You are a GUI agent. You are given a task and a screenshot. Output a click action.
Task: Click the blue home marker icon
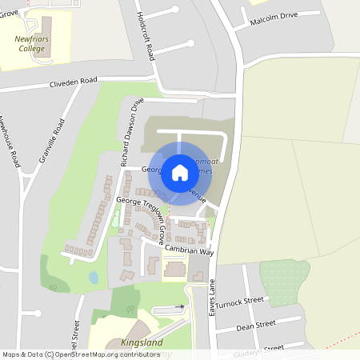coord(180,173)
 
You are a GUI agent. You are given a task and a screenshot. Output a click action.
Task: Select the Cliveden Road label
coord(73,82)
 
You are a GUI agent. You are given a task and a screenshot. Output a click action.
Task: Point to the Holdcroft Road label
coord(146,37)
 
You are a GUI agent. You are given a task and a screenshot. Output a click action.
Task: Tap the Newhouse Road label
coord(10,142)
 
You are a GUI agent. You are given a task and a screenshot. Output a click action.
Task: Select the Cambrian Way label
coord(190,250)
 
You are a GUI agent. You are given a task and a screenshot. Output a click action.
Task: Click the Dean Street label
coord(256,325)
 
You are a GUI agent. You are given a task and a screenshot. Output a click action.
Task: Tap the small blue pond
coord(94,278)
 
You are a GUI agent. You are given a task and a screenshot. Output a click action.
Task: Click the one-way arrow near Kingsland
coord(180,307)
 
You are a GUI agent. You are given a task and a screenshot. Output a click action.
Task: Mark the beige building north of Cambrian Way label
coord(174,270)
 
